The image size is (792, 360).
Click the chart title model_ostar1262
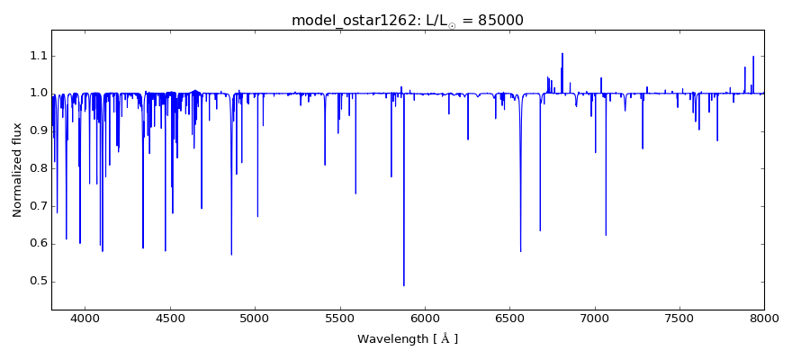(x=348, y=20)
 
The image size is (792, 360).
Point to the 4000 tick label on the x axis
(x=85, y=319)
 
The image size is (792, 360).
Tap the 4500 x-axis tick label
(x=170, y=319)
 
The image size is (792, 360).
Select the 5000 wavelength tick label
(x=255, y=319)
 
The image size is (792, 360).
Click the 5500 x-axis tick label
(x=339, y=319)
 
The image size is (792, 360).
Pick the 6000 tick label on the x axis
(x=425, y=319)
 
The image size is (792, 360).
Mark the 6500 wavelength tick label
(x=509, y=319)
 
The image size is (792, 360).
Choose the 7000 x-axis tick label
(x=594, y=319)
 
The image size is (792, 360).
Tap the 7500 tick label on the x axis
(x=679, y=319)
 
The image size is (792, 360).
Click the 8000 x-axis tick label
(x=763, y=319)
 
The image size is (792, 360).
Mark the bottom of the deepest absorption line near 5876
(x=404, y=285)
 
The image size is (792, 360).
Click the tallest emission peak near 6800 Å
(x=562, y=54)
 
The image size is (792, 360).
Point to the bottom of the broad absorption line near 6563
(x=520, y=251)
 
